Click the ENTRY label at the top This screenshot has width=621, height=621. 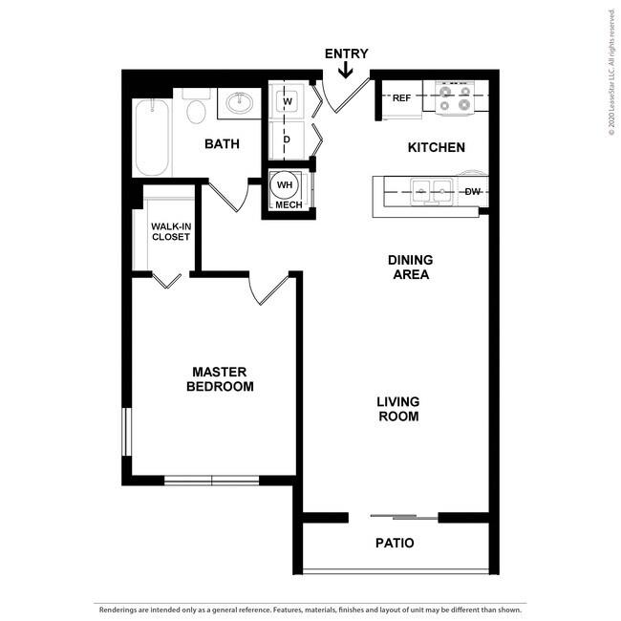coord(346,54)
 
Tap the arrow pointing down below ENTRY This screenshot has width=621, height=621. coord(346,70)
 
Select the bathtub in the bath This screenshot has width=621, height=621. coord(152,138)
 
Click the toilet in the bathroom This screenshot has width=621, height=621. coord(197,110)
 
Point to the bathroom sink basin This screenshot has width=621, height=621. coord(240,103)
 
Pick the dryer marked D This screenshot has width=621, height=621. coord(286,139)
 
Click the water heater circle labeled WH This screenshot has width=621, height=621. coord(284,184)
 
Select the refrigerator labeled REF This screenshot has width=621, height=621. coord(402,98)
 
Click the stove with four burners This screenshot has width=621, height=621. coord(456,96)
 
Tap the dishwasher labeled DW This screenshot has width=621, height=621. coord(472,192)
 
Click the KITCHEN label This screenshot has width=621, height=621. coord(436,147)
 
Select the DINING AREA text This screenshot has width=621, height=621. coord(409,267)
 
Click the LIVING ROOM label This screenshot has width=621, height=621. coord(397,409)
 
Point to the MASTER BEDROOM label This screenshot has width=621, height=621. coord(220,379)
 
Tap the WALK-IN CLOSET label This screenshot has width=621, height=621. coord(171,231)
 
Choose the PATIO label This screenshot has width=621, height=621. coord(394,543)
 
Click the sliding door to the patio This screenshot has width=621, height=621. coord(404,517)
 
